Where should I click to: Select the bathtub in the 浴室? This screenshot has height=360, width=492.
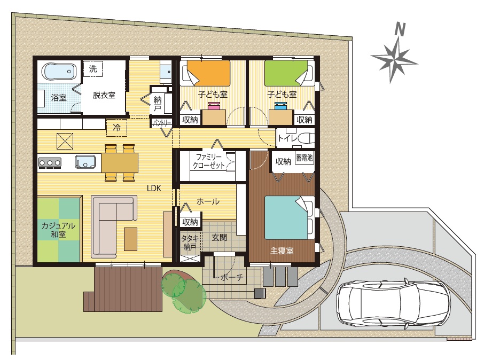[x=59, y=72]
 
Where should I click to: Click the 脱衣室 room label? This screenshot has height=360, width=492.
[x=104, y=95]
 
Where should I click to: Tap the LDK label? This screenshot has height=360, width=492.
[x=154, y=188]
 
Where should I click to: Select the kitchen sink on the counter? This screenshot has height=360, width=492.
[x=85, y=162]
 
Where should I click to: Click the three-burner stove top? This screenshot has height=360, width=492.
[x=50, y=162]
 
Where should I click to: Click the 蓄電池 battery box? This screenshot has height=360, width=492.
[x=304, y=157]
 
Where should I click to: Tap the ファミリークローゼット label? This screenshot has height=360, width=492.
[x=208, y=161]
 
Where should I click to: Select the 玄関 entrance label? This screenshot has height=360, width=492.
[x=219, y=237]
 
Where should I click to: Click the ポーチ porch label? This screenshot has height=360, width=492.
[x=232, y=277]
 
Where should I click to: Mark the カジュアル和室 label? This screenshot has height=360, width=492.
[x=58, y=230]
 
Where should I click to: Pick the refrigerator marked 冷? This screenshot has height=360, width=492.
[x=117, y=128]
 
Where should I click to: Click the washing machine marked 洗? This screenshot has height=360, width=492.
[x=93, y=69]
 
